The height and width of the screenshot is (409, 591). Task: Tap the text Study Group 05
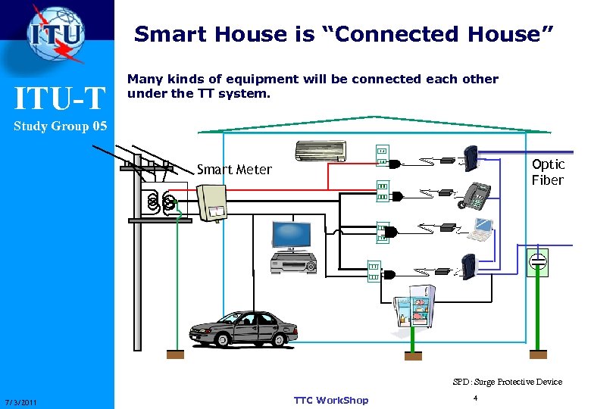coord(60,126)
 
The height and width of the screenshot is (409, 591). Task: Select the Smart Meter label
coord(233,170)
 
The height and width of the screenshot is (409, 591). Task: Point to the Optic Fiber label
coord(547,172)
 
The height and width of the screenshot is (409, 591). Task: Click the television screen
coord(290,236)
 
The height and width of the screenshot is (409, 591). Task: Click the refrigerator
coord(412,310)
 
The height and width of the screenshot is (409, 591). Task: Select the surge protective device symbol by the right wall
coord(537,261)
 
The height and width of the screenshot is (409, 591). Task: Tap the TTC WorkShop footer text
coord(330,400)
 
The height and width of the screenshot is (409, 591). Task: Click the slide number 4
coord(474,398)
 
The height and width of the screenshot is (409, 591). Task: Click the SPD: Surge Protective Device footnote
coord(507,382)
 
